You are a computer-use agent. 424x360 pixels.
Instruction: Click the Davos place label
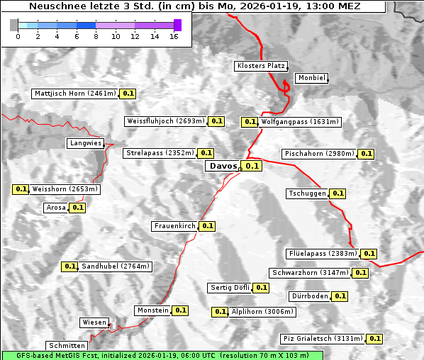coord(223,166)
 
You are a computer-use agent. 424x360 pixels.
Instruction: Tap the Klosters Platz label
coord(260,66)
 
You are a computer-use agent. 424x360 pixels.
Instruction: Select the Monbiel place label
coord(311,78)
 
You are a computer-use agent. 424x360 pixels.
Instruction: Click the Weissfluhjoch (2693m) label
coord(165,121)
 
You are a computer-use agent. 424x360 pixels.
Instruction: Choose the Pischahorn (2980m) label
coord(318,154)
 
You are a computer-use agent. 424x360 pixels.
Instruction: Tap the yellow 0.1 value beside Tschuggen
coord(338,193)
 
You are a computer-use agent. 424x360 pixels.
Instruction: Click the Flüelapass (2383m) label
coord(322,254)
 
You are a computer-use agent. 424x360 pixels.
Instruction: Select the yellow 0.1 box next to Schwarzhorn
coord(361,273)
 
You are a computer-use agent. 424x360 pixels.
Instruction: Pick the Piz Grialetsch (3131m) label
coord(323,339)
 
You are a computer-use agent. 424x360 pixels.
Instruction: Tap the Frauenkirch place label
coord(174,226)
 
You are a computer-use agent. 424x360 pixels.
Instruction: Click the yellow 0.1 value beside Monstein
coord(181,310)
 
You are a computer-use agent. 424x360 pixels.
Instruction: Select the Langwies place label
coord(85,143)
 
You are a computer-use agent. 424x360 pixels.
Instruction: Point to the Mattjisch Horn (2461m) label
coord(74,94)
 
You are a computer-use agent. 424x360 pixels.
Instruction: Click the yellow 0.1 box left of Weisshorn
coord(21,189)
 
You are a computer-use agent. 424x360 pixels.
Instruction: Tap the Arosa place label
coord(56,208)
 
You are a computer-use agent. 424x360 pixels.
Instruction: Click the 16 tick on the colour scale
coord(174,36)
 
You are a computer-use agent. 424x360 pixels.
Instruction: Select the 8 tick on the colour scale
coord(96,36)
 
